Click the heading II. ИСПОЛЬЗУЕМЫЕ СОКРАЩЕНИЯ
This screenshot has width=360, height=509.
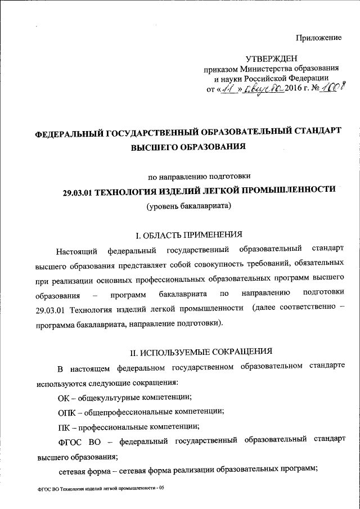pos(201,352)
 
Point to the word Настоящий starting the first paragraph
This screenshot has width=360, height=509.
pos(76,249)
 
